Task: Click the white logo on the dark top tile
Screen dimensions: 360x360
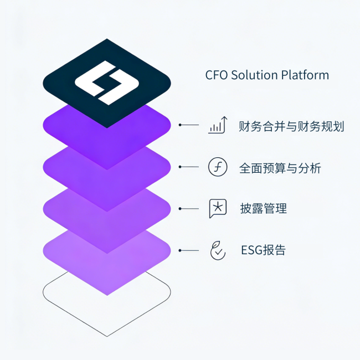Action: (106, 84)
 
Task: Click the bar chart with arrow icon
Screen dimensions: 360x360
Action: (218, 125)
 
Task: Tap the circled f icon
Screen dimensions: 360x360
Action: (218, 167)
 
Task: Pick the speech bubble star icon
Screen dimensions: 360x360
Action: (218, 208)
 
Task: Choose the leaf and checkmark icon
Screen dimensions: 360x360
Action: (218, 250)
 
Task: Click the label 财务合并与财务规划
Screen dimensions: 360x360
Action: (291, 126)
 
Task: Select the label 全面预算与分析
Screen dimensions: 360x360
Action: (279, 168)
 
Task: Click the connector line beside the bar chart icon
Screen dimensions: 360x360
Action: (189, 125)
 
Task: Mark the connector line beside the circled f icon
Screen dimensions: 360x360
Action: (189, 167)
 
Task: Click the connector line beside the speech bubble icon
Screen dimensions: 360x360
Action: (189, 209)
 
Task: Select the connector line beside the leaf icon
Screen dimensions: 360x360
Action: (189, 250)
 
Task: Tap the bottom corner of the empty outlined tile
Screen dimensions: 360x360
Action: (107, 335)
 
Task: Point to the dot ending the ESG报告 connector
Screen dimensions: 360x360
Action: (179, 250)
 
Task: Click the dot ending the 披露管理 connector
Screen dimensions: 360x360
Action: (179, 209)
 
